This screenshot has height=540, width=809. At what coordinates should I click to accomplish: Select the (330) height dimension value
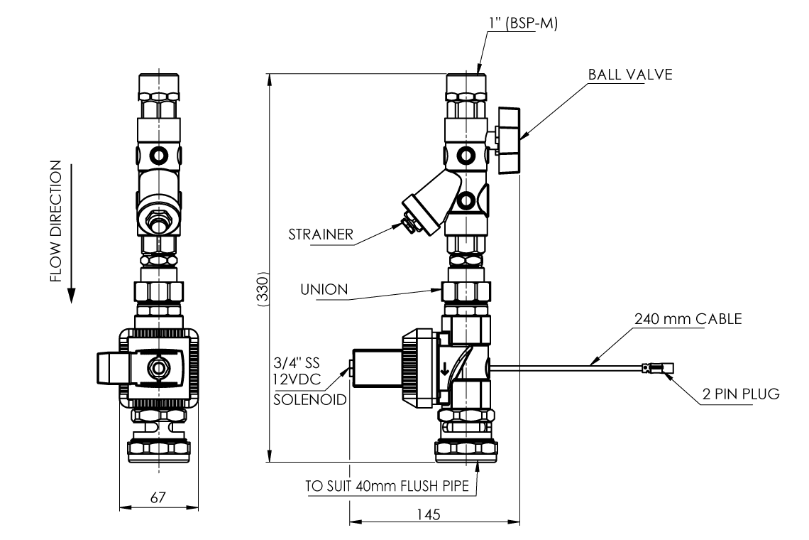coord(263,288)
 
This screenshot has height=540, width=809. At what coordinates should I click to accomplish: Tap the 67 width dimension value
coord(158,497)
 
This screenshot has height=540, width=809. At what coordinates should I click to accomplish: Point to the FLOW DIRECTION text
coord(56,220)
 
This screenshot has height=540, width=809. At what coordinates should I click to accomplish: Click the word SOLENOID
coord(310,400)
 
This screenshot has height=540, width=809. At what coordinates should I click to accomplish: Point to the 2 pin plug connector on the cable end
coord(659,368)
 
